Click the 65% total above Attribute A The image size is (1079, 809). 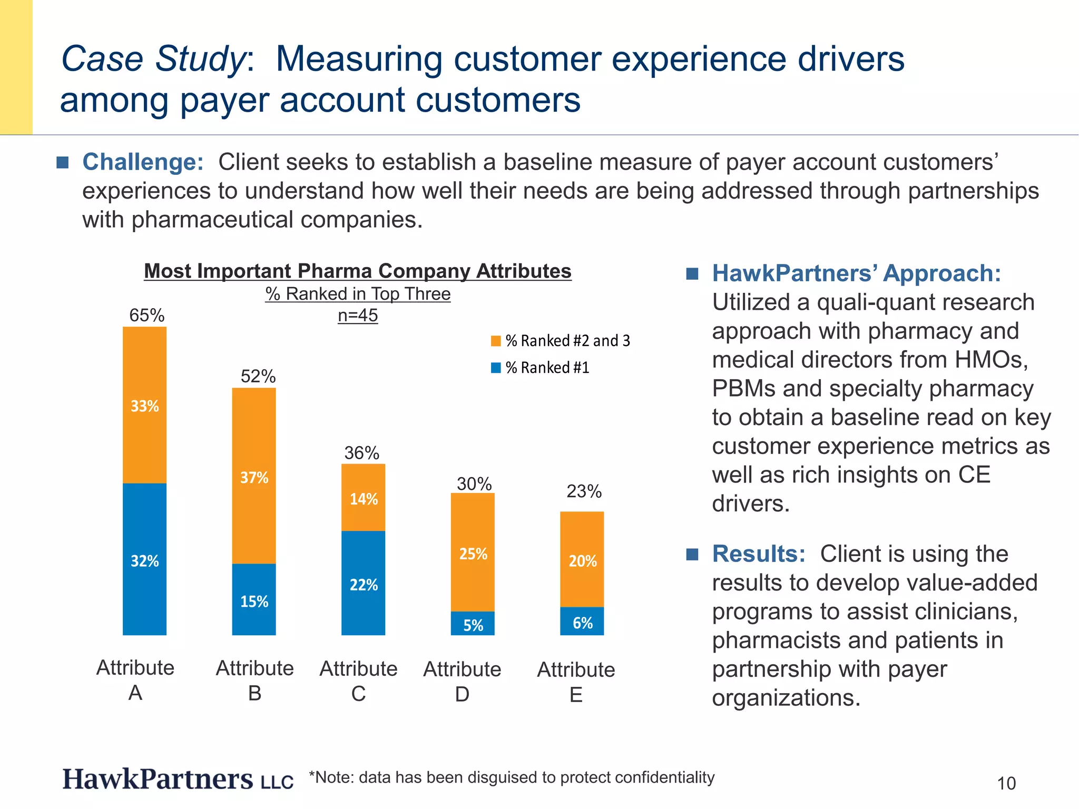146,315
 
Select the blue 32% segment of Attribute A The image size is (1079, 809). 144,559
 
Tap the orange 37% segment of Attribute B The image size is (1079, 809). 254,476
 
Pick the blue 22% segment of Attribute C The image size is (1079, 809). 363,583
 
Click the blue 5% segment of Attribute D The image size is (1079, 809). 473,624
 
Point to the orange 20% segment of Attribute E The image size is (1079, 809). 582,559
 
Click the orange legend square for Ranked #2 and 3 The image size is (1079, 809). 496,341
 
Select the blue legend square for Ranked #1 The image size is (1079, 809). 496,368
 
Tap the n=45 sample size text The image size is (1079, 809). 358,315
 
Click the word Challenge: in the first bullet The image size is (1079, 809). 143,162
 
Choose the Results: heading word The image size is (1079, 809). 758,554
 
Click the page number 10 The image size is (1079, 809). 1006,783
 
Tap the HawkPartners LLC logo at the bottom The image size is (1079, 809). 178,779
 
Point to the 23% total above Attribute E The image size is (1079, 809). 584,491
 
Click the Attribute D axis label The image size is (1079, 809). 462,682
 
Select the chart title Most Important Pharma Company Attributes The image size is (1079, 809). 358,271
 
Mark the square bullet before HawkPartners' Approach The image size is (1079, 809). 692,274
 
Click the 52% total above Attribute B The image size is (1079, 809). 258,377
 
